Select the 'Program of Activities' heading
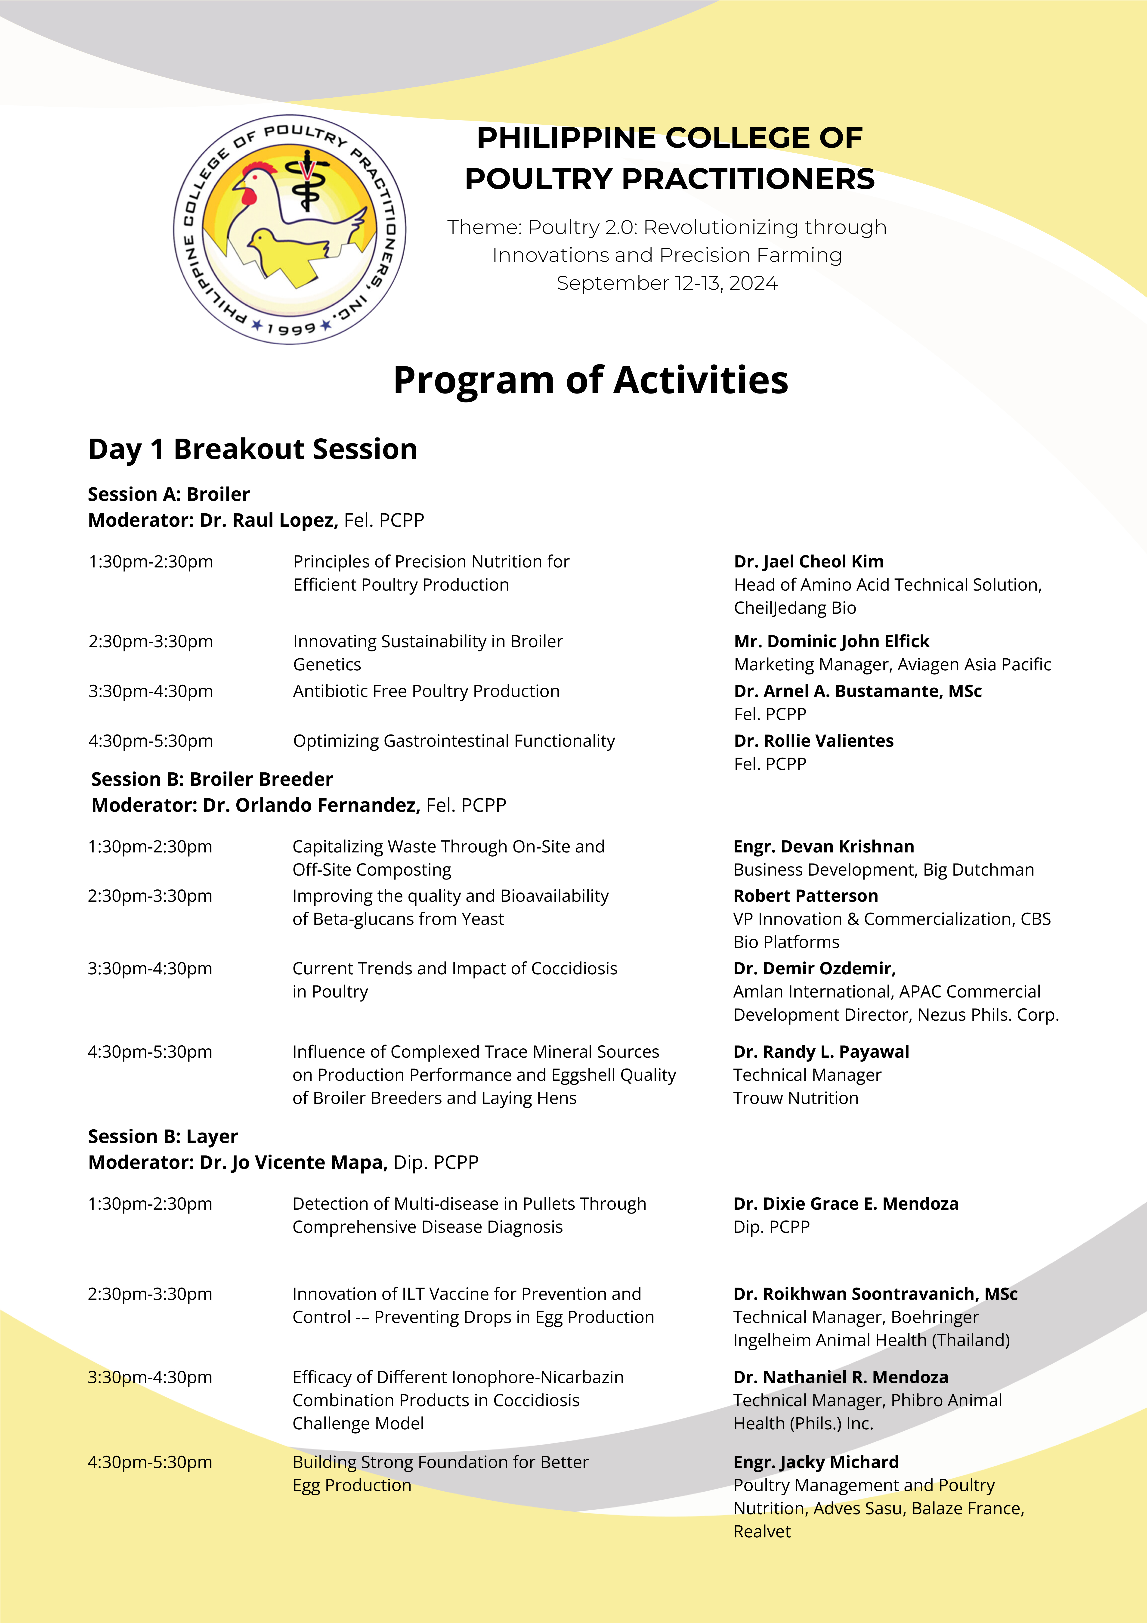coord(590,380)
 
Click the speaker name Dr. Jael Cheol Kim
coord(808,561)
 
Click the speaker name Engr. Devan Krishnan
coord(823,846)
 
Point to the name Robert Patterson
coord(806,896)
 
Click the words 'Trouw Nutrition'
coord(796,1098)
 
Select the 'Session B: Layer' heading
coord(163,1136)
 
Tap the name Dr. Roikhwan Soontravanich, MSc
coord(875,1294)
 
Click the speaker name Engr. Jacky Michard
coord(816,1462)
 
